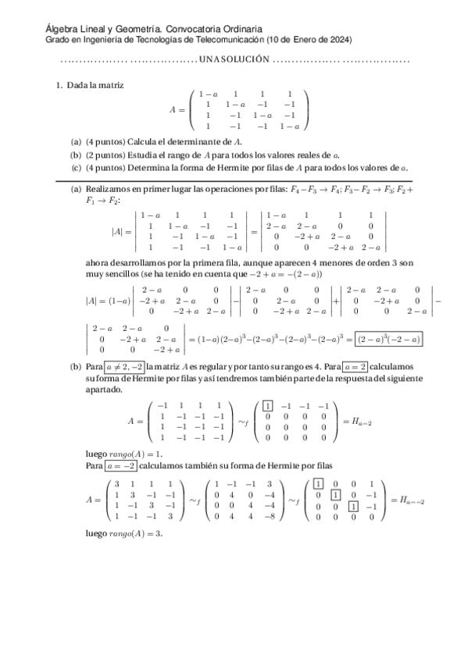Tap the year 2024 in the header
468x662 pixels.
pyautogui.click(x=337, y=39)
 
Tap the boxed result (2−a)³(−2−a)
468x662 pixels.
pyautogui.click(x=388, y=339)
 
